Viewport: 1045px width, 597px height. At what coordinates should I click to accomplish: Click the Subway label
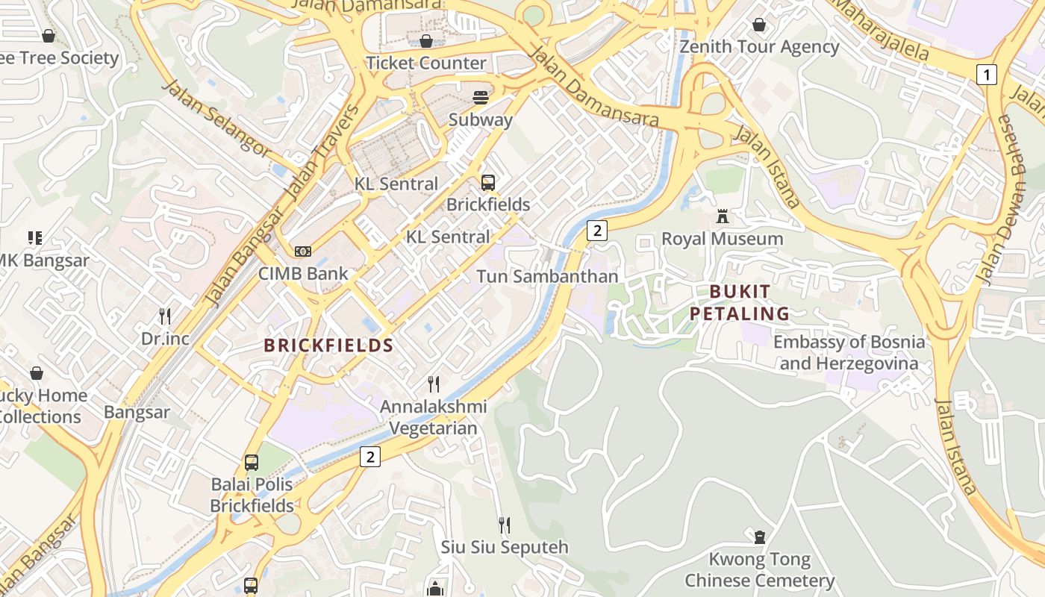click(480, 119)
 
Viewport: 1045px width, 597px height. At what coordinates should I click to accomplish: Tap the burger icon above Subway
click(481, 98)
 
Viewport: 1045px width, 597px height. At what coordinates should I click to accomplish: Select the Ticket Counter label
click(426, 63)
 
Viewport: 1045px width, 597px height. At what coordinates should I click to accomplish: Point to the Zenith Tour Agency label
click(759, 47)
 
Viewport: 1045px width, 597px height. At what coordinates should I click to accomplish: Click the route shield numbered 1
click(987, 75)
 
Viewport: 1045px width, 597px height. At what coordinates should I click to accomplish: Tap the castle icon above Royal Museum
click(723, 216)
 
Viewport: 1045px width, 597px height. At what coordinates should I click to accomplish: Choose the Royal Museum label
click(723, 239)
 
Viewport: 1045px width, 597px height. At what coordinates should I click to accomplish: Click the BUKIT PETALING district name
click(739, 302)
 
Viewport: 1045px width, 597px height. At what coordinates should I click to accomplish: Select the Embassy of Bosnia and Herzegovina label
click(849, 353)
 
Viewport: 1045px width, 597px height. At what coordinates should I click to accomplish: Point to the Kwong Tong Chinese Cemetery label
click(759, 569)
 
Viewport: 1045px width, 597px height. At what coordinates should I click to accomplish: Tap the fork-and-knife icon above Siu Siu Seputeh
click(505, 525)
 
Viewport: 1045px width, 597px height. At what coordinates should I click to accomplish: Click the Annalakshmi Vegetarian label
click(434, 418)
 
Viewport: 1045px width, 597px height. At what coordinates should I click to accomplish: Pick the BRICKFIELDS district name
click(328, 346)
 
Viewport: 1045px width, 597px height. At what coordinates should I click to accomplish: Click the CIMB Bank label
click(303, 273)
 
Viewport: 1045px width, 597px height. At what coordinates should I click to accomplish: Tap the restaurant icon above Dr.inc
click(165, 316)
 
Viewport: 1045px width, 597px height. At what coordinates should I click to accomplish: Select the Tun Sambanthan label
click(547, 276)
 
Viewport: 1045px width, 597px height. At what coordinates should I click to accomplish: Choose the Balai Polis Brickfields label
click(252, 495)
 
